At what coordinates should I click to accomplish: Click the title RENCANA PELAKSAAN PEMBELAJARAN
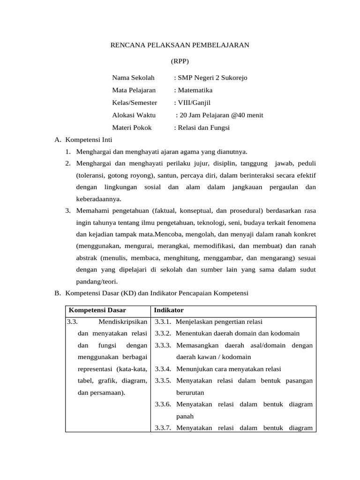point(180,45)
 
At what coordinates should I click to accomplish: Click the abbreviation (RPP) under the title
point(180,61)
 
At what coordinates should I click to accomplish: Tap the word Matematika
point(195,90)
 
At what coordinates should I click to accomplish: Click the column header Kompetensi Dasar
point(97,310)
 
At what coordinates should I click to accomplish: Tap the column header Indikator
point(169,310)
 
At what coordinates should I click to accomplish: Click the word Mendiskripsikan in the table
point(123,322)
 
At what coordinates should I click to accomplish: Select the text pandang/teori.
point(97,281)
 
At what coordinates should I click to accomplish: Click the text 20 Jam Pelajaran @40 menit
point(219,115)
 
